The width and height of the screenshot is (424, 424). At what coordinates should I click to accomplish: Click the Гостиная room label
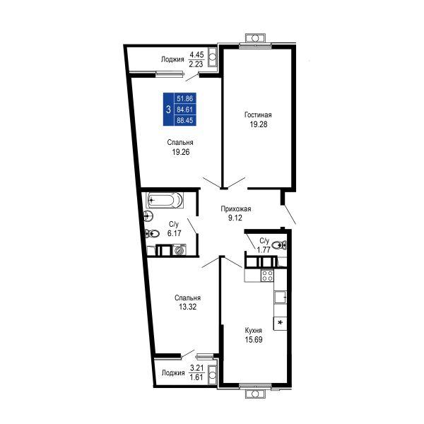pyautogui.click(x=258, y=115)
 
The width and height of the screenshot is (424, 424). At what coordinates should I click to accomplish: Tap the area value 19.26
pyautogui.click(x=181, y=152)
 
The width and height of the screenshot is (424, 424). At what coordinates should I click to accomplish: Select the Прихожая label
pyautogui.click(x=236, y=208)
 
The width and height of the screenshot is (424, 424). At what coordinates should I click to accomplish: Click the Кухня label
pyautogui.click(x=254, y=331)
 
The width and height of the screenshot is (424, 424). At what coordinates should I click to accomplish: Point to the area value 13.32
pyautogui.click(x=187, y=307)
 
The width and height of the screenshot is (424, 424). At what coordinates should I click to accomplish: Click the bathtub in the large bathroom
pyautogui.click(x=165, y=201)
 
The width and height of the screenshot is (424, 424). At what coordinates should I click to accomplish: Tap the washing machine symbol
pyautogui.click(x=179, y=249)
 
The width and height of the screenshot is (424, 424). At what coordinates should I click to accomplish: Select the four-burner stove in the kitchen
pyautogui.click(x=267, y=276)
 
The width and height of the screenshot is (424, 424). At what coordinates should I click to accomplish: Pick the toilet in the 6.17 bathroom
pyautogui.click(x=152, y=233)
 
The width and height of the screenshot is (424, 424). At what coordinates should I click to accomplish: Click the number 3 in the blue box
pyautogui.click(x=168, y=110)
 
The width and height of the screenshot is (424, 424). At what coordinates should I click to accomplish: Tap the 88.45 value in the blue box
pyautogui.click(x=185, y=120)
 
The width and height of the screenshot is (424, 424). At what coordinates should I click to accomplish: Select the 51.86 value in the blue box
pyautogui.click(x=185, y=98)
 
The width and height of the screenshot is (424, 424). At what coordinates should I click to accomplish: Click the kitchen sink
pyautogui.click(x=281, y=298)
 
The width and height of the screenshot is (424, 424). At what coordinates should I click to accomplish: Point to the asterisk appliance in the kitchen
pyautogui.click(x=280, y=323)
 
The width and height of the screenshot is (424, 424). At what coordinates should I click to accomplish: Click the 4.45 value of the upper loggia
pyautogui.click(x=196, y=54)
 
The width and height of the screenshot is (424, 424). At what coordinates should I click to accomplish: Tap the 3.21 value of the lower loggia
pyautogui.click(x=196, y=367)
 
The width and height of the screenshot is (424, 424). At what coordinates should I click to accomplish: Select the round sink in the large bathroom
pyautogui.click(x=148, y=216)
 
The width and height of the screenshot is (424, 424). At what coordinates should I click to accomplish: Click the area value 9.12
pyautogui.click(x=235, y=218)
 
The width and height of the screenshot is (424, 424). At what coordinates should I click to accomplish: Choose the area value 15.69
pyautogui.click(x=254, y=340)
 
